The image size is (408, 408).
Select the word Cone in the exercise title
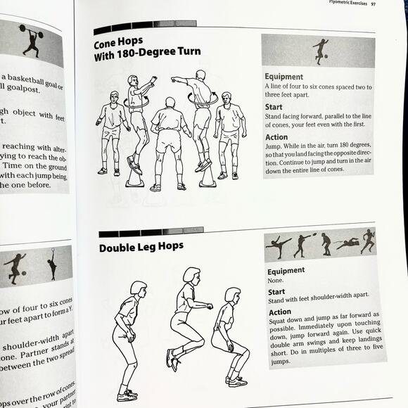point(108,42)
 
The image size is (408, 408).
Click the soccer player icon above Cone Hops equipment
point(320,51)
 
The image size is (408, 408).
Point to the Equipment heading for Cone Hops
point(283,77)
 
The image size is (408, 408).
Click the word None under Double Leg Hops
point(276,279)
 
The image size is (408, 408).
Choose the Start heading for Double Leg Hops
point(276,291)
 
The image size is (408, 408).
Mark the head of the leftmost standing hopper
point(138,288)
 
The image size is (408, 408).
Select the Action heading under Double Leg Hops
point(279,312)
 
